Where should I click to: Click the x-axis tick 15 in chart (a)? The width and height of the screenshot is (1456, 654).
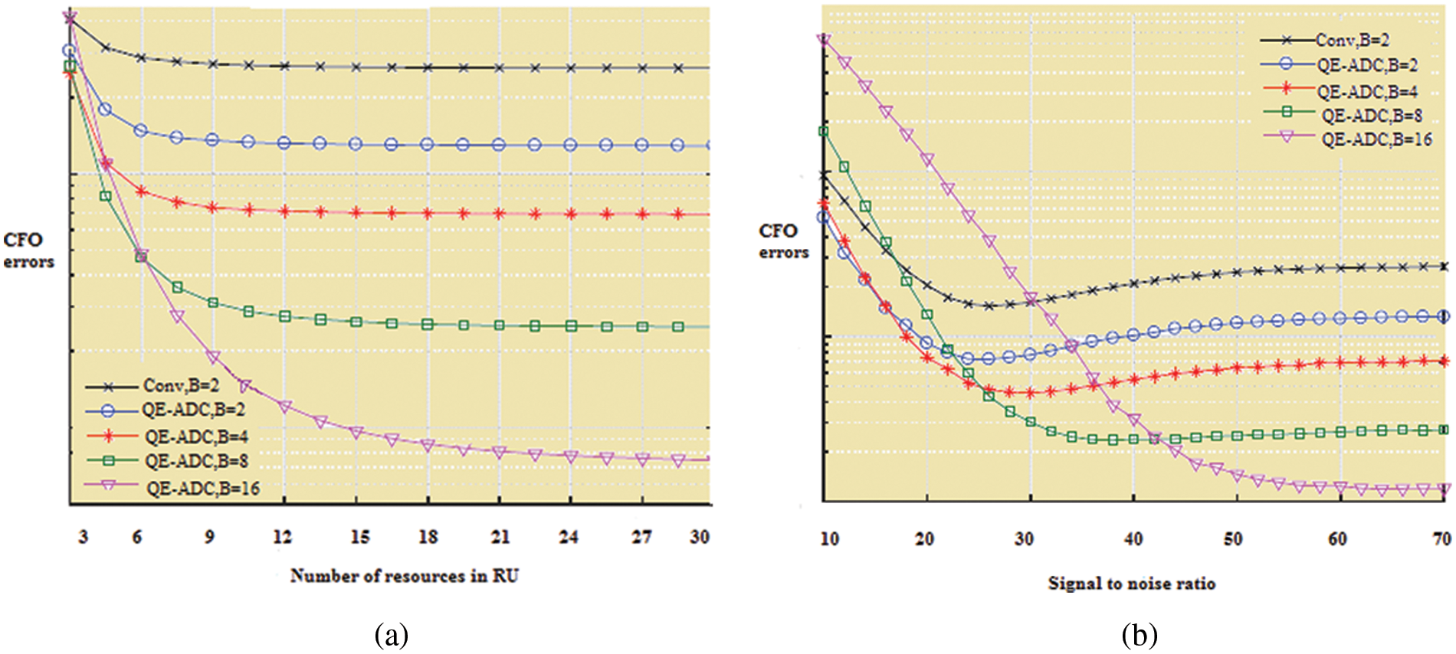click(360, 537)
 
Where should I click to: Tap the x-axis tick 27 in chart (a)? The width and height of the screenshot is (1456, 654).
click(641, 537)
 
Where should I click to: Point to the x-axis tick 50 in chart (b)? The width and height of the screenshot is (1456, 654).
click(1233, 539)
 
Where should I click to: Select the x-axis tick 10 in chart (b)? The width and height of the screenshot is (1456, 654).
click(829, 539)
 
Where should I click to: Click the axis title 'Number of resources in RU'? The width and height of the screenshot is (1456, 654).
click(405, 576)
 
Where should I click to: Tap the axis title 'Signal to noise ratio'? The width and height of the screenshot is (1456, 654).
click(1131, 584)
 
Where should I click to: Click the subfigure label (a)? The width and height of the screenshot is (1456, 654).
click(392, 635)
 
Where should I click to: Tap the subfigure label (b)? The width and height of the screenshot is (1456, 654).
click(1139, 635)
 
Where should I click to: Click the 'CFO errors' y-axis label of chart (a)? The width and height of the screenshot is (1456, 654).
click(28, 250)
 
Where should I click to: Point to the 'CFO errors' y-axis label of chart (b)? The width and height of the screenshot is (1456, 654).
click(783, 241)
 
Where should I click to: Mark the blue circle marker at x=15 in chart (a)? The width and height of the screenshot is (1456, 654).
click(356, 144)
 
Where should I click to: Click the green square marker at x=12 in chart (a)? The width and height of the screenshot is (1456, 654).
click(284, 316)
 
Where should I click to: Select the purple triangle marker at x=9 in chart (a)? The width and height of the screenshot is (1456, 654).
click(213, 358)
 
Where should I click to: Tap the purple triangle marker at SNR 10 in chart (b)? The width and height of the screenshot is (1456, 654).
click(825, 40)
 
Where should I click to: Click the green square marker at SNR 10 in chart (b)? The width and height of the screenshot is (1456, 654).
click(824, 131)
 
